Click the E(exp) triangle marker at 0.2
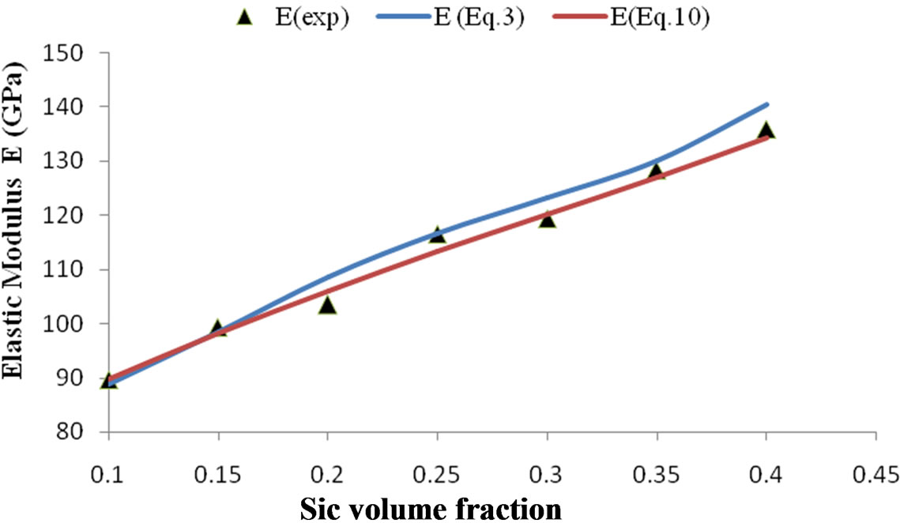coord(327,305)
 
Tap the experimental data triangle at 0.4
coord(766,131)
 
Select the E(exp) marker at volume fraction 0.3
coord(547,219)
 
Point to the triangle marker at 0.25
coord(437,234)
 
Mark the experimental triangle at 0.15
coord(218,328)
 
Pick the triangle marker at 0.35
coord(657,171)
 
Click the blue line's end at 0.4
coord(766,104)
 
